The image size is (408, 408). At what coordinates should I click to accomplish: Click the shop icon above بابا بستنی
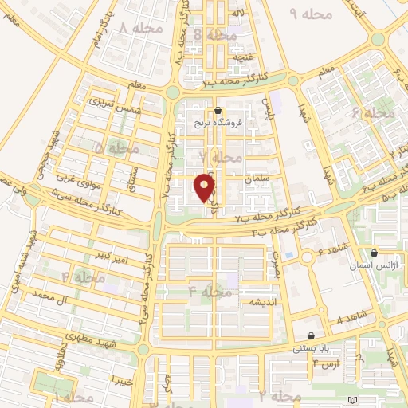[x=311, y=335]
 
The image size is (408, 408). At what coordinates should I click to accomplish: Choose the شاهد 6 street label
[x=331, y=250]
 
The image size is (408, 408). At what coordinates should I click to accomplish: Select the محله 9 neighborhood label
[x=304, y=14]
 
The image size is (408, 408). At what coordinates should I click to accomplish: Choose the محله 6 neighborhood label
[x=379, y=114]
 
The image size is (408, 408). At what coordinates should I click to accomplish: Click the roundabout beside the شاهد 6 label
[x=308, y=257]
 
